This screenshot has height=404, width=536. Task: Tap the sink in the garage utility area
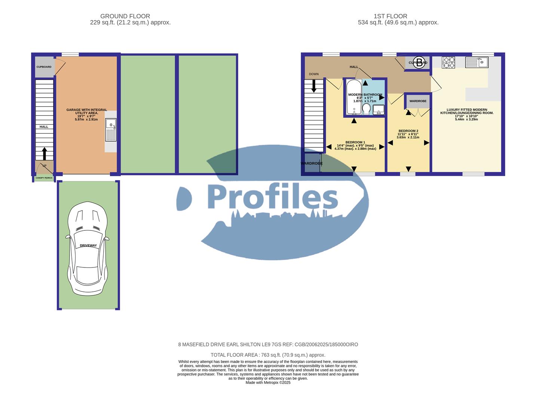tap(111, 130)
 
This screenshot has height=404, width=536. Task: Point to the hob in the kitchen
tap(448, 62)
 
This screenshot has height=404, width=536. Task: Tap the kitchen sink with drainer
tap(477, 62)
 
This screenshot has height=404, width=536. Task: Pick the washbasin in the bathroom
tap(379, 109)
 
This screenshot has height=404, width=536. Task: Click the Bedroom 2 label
tap(408, 131)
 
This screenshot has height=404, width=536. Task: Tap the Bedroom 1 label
tap(355, 142)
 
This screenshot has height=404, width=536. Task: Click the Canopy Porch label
tap(44, 178)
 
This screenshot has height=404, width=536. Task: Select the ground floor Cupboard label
tap(44, 67)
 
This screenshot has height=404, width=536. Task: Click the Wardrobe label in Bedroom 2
tap(417, 101)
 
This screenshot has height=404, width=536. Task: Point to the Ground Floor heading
tap(125, 16)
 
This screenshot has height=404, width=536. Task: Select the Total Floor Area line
tap(268, 355)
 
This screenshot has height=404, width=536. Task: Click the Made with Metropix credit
tap(268, 382)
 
